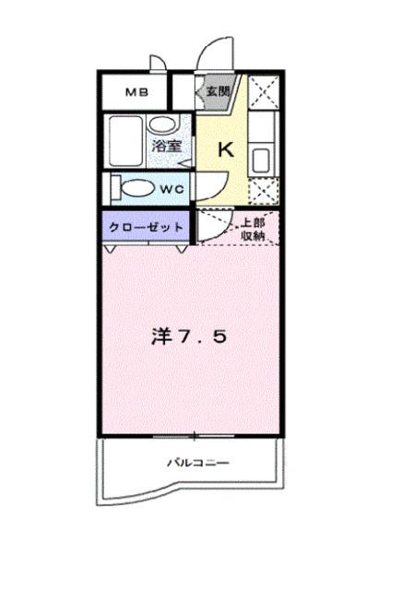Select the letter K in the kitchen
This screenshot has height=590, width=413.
coord(224,147)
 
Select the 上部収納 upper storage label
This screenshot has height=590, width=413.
coord(254,228)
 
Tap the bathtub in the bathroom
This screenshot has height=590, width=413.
coord(125,142)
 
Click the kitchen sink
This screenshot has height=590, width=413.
coord(261,157)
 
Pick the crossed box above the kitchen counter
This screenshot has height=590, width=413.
coord(262,94)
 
